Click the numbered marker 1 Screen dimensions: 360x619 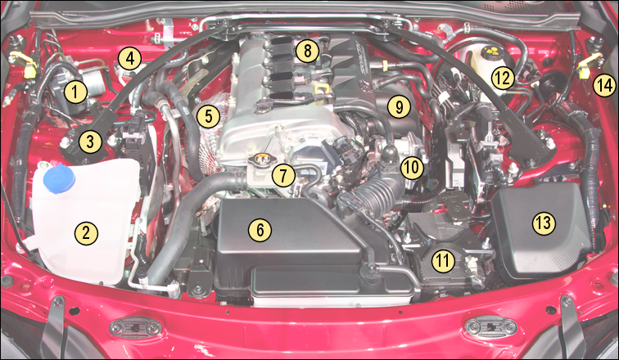click(x=75, y=92)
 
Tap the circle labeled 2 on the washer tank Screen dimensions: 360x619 click(x=86, y=232)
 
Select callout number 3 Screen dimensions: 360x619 click(x=92, y=142)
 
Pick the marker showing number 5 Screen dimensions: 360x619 click(x=209, y=116)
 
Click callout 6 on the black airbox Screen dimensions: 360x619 click(x=260, y=230)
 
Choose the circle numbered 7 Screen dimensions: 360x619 click(x=283, y=173)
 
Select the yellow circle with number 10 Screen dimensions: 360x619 click(x=412, y=168)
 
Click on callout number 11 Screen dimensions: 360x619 click(x=443, y=261)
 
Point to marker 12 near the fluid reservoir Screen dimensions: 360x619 click(x=502, y=79)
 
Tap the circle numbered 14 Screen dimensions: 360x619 click(x=603, y=83)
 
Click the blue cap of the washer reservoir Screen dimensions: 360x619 click(x=58, y=175)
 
